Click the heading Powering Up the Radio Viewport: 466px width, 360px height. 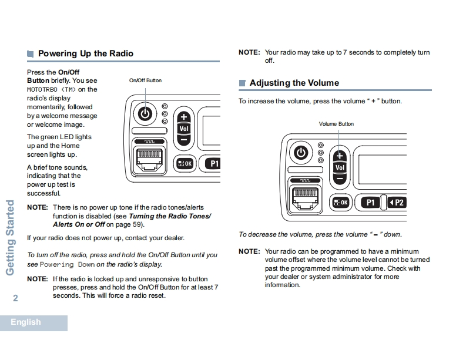coord(85,53)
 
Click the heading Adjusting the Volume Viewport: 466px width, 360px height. coord(294,83)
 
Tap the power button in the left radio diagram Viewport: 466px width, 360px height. coord(146,113)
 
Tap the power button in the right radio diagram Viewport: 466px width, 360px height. coord(301,153)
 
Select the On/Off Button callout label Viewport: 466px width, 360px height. coord(145,80)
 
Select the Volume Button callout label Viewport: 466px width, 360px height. coord(336,124)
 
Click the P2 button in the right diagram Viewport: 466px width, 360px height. coord(397,203)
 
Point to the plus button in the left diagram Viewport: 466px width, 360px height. coord(184,117)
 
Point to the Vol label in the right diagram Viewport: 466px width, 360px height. coord(340,167)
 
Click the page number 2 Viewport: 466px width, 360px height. coord(15,298)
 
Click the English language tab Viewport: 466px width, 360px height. coord(26,322)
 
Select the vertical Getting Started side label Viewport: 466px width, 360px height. coord(10,238)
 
